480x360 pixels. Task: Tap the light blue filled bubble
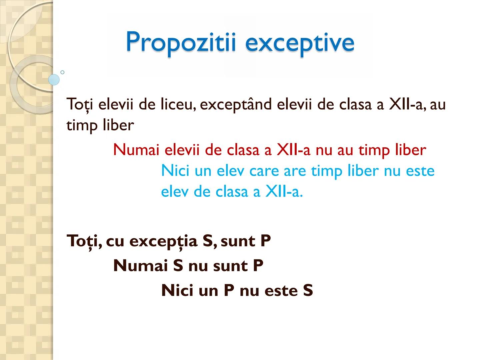tap(54, 80)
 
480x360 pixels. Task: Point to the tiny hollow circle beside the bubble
tap(62, 72)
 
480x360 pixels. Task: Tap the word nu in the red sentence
tap(324, 150)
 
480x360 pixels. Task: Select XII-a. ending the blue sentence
tap(284, 192)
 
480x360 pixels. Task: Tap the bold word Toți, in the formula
tap(85, 241)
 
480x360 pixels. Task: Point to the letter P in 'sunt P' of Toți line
tap(265, 241)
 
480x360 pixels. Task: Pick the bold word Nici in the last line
tap(177, 290)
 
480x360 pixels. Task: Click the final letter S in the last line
tap(308, 290)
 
